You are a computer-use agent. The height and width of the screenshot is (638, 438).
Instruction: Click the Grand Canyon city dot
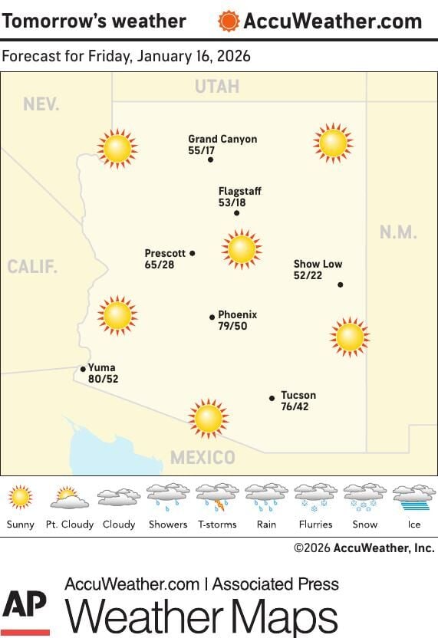[210, 159]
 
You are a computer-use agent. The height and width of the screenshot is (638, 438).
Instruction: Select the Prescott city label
[165, 253]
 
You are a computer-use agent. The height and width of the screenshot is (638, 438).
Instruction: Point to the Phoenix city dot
[212, 317]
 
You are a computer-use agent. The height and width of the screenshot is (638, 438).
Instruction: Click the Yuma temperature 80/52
[103, 379]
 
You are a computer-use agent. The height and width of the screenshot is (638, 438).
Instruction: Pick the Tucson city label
[298, 395]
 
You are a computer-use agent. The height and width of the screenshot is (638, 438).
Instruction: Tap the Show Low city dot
[340, 284]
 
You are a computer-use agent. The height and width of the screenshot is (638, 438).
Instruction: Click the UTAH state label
[216, 87]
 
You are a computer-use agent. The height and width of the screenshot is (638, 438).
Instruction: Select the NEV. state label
[41, 104]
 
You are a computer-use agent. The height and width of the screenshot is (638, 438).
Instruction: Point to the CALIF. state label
[32, 267]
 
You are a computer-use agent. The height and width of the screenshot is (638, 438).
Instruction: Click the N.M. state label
[397, 232]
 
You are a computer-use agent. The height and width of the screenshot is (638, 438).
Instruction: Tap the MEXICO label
[203, 458]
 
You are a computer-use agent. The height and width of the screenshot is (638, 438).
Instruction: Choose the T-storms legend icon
[217, 498]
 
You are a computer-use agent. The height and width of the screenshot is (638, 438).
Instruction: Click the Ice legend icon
[413, 498]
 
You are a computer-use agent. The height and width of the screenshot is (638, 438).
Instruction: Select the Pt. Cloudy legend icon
[69, 498]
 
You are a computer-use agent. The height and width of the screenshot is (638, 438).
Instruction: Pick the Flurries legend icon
[315, 498]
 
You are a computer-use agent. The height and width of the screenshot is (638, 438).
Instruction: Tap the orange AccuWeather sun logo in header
[229, 21]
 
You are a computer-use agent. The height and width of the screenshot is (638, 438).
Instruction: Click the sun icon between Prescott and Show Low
[242, 248]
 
